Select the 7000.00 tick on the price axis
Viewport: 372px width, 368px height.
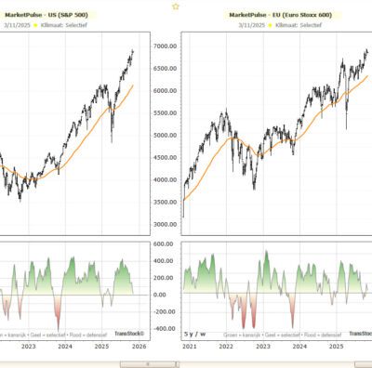click(x=166, y=46)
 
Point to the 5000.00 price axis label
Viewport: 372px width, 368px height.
click(x=166, y=136)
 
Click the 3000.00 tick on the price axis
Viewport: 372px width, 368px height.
click(x=166, y=224)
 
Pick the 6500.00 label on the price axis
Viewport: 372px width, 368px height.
click(x=166, y=69)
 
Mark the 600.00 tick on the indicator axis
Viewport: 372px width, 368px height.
click(x=166, y=244)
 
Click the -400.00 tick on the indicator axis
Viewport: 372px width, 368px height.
click(x=166, y=328)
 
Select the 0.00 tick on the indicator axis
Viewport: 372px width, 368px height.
click(x=166, y=295)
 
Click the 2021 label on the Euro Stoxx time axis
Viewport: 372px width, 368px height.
click(x=191, y=347)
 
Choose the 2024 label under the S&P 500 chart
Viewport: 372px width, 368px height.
click(x=65, y=347)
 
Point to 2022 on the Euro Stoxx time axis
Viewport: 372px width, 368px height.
click(x=227, y=347)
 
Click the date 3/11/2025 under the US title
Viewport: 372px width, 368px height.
click(x=17, y=27)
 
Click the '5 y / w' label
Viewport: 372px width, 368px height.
click(x=195, y=333)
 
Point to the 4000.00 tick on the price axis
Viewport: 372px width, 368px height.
click(x=166, y=180)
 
